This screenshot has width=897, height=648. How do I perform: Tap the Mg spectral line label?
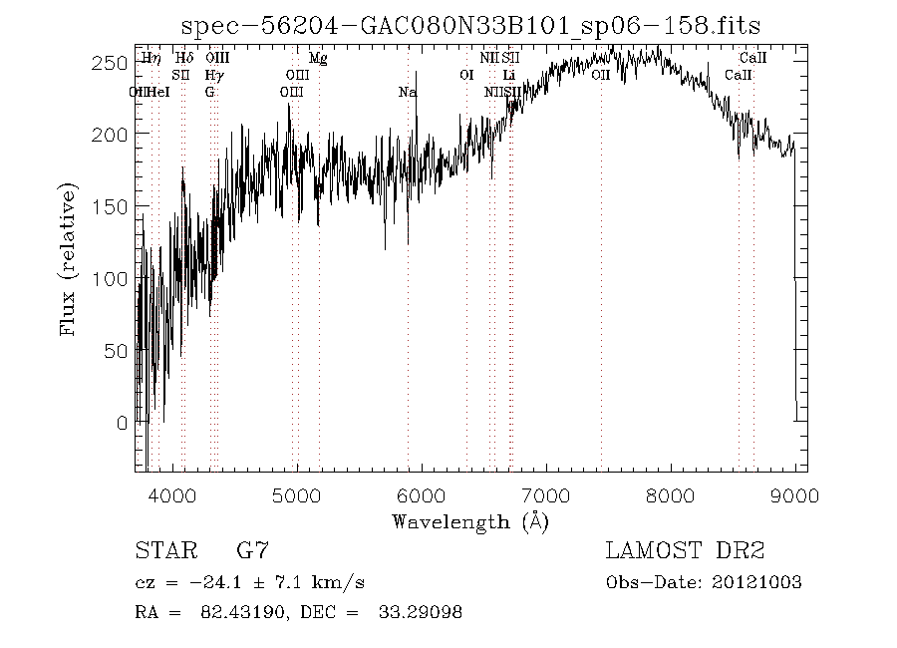pos(318,59)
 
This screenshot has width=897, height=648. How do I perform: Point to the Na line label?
pos(408,92)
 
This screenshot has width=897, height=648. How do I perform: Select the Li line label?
pos(509,75)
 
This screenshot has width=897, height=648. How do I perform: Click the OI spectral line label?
pos(466,75)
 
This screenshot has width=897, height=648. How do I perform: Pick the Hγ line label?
pos(213,75)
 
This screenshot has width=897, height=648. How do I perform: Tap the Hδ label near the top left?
pos(183,59)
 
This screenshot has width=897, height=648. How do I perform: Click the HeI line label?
pos(158,92)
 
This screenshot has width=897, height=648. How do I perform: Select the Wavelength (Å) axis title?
pos(469,521)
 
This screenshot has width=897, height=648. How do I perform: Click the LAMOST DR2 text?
pos(685,550)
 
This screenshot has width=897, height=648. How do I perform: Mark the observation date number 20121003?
pos(755,582)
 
